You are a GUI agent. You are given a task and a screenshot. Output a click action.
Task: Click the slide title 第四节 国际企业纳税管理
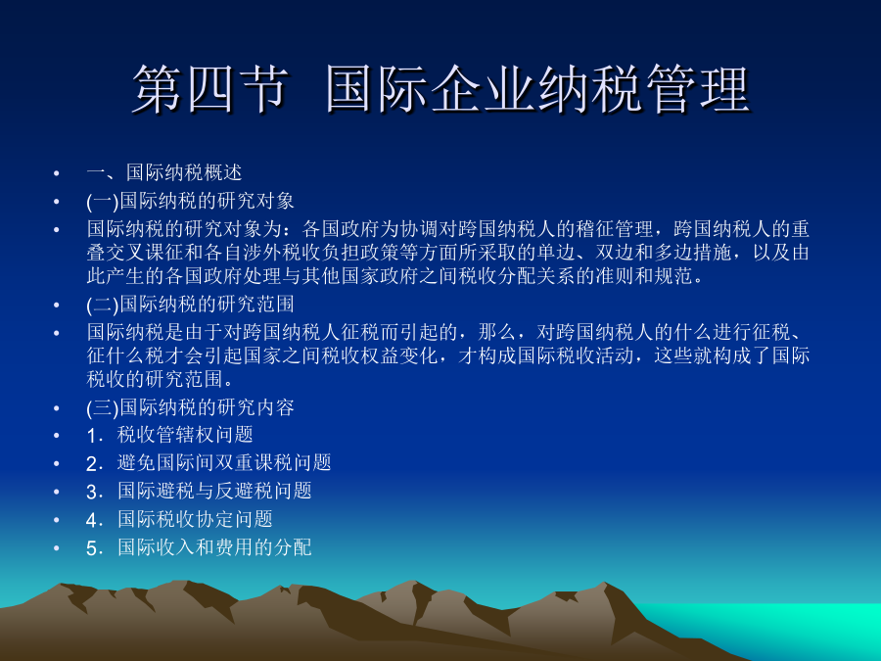[x=441, y=89]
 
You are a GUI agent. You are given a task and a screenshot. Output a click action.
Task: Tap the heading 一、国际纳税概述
[x=164, y=172]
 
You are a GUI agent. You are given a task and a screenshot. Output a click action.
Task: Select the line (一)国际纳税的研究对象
[x=191, y=201]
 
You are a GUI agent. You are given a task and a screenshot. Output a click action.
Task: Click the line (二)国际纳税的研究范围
[x=191, y=305]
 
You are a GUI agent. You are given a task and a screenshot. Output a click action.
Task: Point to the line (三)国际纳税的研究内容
[x=191, y=407]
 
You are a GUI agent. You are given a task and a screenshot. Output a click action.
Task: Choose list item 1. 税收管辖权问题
[x=169, y=435]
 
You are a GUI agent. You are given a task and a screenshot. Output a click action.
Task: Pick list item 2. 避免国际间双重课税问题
[x=209, y=462]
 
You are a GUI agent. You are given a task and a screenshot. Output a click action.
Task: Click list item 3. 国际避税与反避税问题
[x=199, y=491]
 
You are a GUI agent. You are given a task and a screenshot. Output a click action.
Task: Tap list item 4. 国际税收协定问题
[x=180, y=519]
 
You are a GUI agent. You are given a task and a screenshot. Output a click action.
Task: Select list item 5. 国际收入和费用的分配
[x=199, y=547]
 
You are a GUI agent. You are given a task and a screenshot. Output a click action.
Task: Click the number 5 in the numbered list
[x=92, y=548]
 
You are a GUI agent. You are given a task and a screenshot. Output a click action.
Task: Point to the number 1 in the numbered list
[x=92, y=436]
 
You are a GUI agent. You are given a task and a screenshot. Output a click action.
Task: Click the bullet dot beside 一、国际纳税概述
[x=56, y=173]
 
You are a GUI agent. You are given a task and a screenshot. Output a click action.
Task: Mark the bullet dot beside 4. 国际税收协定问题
[x=56, y=520]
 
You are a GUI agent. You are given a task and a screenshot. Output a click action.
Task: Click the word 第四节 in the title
[x=210, y=89]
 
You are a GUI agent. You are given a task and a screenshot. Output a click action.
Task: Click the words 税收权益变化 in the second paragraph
[x=381, y=355]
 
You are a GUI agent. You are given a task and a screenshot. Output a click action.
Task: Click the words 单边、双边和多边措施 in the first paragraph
[x=633, y=253]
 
